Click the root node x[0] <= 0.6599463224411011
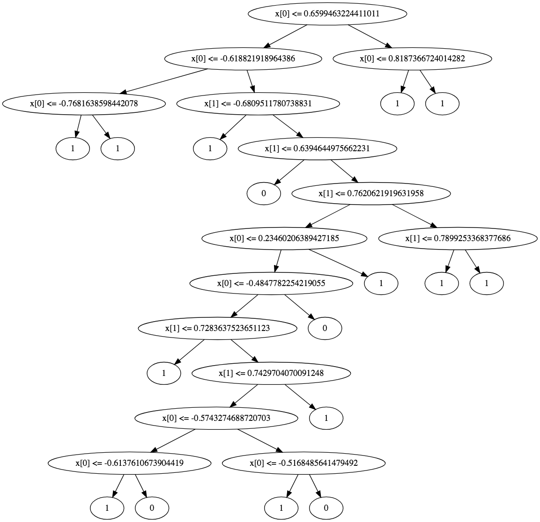click(x=327, y=14)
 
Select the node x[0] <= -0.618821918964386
click(x=243, y=59)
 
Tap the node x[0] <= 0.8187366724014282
click(x=412, y=59)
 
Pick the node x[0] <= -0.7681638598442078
click(x=84, y=103)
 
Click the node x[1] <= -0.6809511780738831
click(x=258, y=103)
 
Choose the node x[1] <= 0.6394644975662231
click(x=318, y=148)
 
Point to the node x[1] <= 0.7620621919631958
click(x=371, y=193)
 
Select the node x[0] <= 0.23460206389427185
click(x=284, y=238)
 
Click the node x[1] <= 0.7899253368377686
click(x=458, y=238)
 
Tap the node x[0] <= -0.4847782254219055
click(x=271, y=283)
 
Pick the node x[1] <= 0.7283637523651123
click(x=217, y=328)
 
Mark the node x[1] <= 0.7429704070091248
click(x=271, y=373)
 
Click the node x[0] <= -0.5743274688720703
click(x=216, y=418)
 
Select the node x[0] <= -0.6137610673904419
click(x=129, y=463)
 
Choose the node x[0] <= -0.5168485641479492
click(x=303, y=463)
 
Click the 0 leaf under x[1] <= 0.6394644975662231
click(x=264, y=193)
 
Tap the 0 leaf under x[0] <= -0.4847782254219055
click(x=325, y=328)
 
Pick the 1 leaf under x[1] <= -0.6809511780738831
click(x=210, y=148)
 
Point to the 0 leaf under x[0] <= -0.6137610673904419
click(x=152, y=508)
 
